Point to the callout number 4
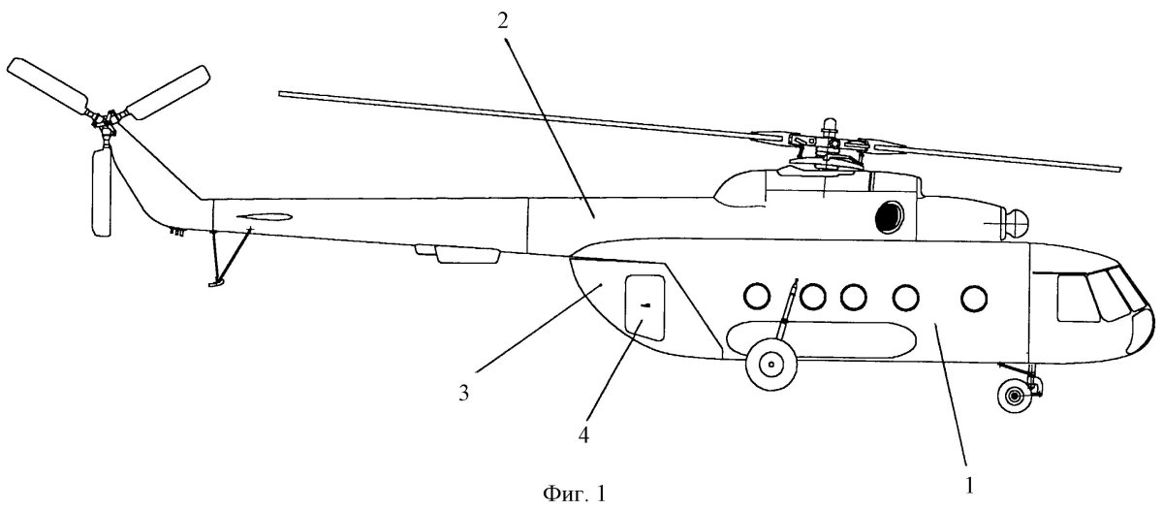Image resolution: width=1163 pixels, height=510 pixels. click(584, 433)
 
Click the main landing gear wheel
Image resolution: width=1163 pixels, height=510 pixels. click(770, 365)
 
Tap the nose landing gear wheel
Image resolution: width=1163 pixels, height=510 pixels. click(1015, 396)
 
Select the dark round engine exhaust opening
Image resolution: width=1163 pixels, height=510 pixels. click(889, 218)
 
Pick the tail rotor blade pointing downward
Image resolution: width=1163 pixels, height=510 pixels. click(101, 191)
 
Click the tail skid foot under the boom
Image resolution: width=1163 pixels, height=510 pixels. click(215, 282)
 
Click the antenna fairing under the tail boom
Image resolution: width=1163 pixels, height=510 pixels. click(467, 255)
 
